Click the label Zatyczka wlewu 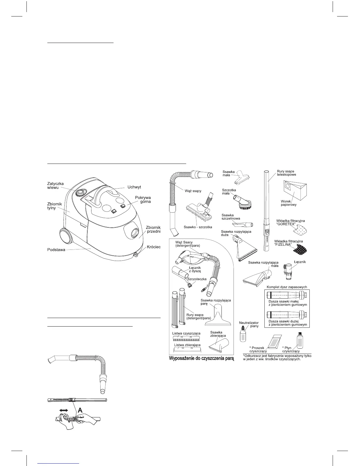point(55,185)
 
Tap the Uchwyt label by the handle point(134,187)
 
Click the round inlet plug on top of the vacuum point(80,193)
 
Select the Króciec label point(154,247)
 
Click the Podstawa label point(56,250)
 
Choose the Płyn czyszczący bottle point(299,341)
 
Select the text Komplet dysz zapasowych point(286,287)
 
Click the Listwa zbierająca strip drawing point(187,349)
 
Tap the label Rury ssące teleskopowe point(286,173)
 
